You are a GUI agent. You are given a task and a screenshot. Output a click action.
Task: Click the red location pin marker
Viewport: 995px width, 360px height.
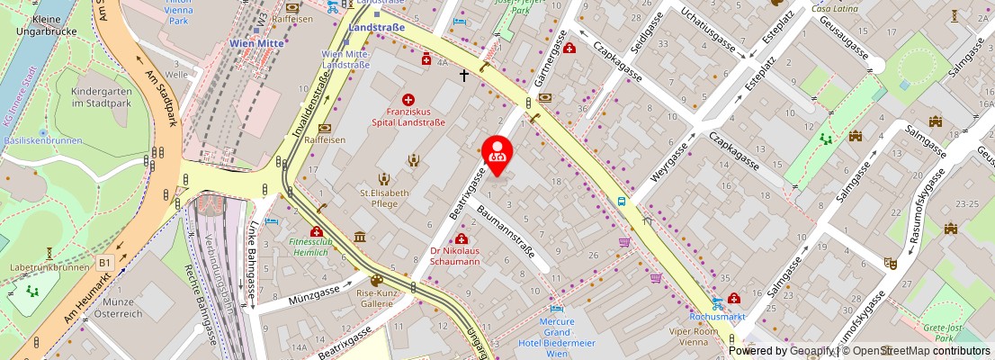(x=497, y=154)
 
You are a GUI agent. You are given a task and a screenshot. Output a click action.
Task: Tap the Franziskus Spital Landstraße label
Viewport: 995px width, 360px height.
(x=408, y=116)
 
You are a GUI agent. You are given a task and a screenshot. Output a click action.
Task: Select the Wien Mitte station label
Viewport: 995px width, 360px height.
(x=257, y=42)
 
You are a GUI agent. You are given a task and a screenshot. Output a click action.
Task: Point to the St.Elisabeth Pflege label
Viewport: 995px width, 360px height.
(x=384, y=198)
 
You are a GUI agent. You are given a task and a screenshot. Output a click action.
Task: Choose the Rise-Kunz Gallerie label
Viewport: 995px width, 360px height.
(x=377, y=299)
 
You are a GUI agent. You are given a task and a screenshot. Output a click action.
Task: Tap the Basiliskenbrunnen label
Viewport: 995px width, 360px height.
(x=42, y=140)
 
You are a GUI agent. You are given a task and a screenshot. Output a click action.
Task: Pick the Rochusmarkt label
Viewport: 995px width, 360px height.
(x=717, y=317)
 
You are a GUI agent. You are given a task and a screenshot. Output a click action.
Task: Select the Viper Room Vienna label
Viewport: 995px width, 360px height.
(x=692, y=337)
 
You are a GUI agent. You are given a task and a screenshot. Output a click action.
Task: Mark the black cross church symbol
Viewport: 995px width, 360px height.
(x=464, y=76)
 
